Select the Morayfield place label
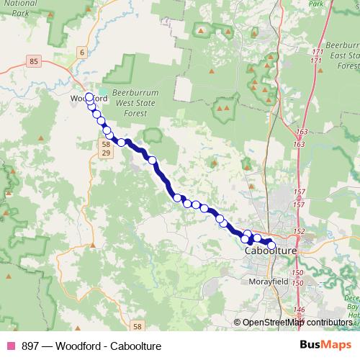pos(269,282)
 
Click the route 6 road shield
pos(82,52)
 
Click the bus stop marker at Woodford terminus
pos(89,97)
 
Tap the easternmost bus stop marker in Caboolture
pos(271,245)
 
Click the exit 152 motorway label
pos(299,230)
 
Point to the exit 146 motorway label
pos(299,310)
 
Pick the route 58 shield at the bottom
pos(138,325)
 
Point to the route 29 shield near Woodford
pos(105,154)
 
